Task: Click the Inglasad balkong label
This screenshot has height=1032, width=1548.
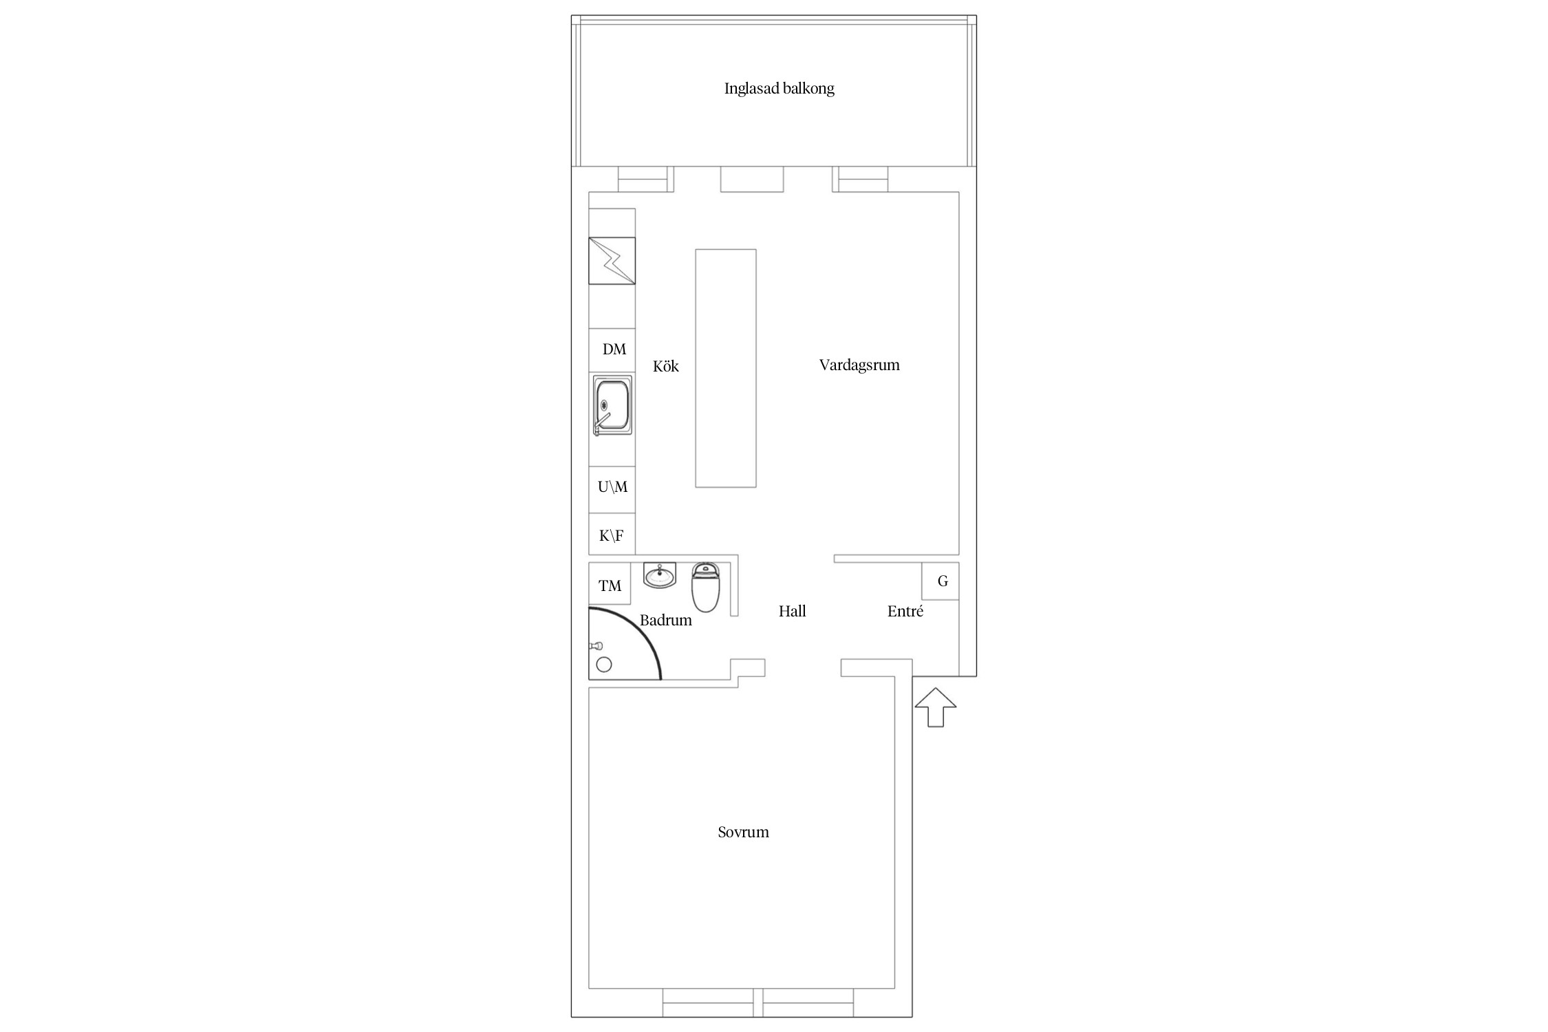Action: (x=779, y=89)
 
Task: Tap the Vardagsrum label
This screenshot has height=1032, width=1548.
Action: (x=859, y=365)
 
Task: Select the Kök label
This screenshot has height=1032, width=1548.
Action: (x=666, y=366)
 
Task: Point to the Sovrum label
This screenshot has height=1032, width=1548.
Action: (x=743, y=832)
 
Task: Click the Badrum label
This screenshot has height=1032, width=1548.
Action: (x=665, y=621)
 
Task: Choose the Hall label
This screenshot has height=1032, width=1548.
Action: (x=792, y=611)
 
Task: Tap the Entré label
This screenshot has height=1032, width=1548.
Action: (x=905, y=611)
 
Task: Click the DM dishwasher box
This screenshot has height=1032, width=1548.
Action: (x=612, y=350)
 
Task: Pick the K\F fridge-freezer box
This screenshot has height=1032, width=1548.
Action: (x=612, y=535)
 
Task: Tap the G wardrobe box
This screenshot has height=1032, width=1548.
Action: (x=940, y=581)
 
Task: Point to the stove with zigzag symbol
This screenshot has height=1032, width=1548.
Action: (x=612, y=261)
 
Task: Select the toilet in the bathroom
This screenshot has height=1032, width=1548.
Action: (x=705, y=587)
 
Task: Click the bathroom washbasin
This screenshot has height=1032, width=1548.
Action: (x=660, y=575)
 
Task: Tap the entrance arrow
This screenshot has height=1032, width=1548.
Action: (x=936, y=707)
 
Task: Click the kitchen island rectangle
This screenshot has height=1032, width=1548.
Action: (x=726, y=368)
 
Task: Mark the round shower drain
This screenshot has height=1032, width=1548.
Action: (x=604, y=665)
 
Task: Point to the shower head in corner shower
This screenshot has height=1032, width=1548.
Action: (x=596, y=646)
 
